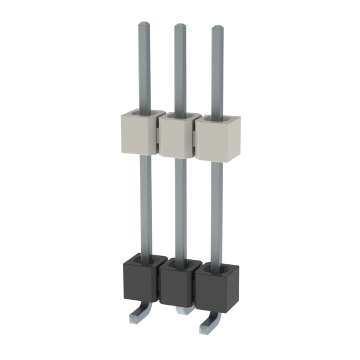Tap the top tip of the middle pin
click(180, 27)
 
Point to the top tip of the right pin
click(217, 29)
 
